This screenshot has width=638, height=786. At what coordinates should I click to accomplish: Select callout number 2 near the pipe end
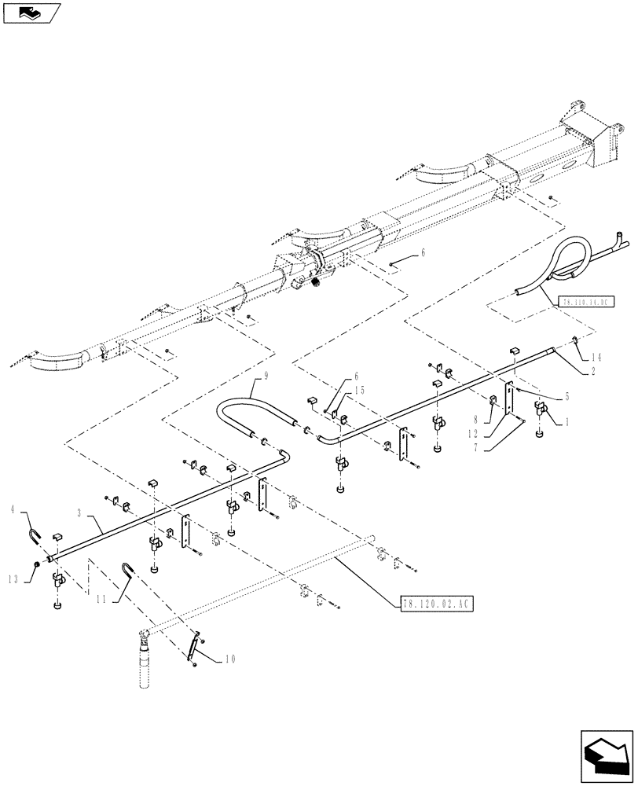coord(592,368)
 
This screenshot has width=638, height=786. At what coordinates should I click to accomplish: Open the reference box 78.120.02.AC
coord(434,603)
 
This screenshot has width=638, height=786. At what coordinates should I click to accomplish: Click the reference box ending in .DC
coord(585,301)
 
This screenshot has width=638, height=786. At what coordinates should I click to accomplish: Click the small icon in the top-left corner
coord(31,13)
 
